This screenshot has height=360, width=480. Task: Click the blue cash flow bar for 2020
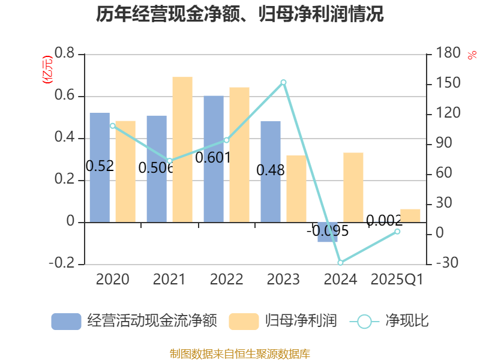(x=100, y=167)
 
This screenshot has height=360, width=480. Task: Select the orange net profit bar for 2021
(x=182, y=149)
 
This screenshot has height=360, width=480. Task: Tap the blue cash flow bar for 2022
(x=214, y=158)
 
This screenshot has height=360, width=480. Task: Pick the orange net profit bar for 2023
(x=296, y=188)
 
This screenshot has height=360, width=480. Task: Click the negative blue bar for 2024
(x=328, y=232)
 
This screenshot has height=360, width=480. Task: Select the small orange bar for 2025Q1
(x=410, y=215)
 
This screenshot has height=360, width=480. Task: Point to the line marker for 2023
(x=284, y=82)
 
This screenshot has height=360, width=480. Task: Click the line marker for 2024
(x=340, y=263)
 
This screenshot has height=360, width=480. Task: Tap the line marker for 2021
(x=170, y=161)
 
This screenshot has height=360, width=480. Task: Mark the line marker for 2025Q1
(x=397, y=231)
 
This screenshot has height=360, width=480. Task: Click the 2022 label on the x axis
(x=226, y=279)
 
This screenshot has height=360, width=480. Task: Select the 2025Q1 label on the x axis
(x=397, y=279)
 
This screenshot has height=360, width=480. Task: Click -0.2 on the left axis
(x=62, y=264)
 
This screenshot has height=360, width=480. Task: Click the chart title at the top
(x=240, y=14)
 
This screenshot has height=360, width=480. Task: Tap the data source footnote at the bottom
(x=240, y=353)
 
